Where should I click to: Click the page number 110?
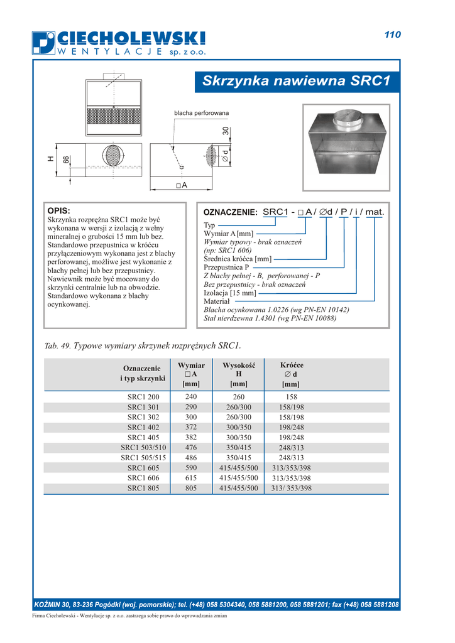392,35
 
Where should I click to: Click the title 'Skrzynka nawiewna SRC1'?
297,81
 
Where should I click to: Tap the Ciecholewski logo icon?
44,43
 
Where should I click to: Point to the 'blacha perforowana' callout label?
201,113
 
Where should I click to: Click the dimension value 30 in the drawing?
226,132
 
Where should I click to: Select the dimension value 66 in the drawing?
66,160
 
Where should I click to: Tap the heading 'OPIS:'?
59,211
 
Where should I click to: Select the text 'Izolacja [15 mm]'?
230,293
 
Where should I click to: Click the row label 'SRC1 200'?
143,397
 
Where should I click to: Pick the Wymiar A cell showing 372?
191,427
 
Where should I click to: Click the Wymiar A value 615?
191,478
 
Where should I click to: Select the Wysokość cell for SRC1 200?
239,397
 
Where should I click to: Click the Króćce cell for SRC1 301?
292,407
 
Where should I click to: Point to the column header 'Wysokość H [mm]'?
239,374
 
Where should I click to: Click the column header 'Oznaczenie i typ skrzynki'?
143,374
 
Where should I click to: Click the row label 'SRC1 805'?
143,488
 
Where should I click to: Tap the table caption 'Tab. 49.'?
58,346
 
